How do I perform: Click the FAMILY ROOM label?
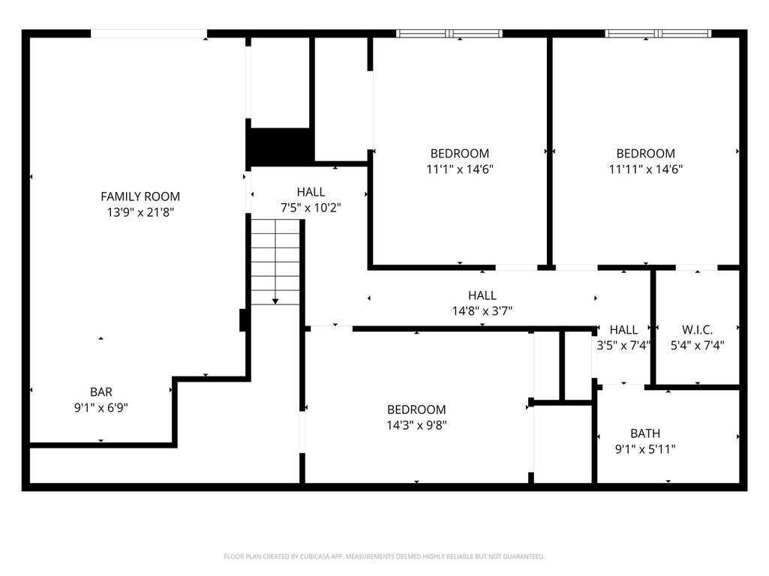pyautogui.click(x=140, y=196)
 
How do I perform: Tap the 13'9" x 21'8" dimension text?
pyautogui.click(x=141, y=212)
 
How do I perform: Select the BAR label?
pyautogui.click(x=101, y=392)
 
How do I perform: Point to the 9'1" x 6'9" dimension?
pyautogui.click(x=101, y=407)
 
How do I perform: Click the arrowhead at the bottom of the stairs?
pyautogui.click(x=275, y=301)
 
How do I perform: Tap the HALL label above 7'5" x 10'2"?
pyautogui.click(x=311, y=192)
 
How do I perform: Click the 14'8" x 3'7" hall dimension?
pyautogui.click(x=482, y=310)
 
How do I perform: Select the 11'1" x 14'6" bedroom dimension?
pyautogui.click(x=460, y=169)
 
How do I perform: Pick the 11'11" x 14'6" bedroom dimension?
pyautogui.click(x=646, y=169)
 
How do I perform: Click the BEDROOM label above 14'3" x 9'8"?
pyautogui.click(x=416, y=409)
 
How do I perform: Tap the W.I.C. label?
pyautogui.click(x=697, y=330)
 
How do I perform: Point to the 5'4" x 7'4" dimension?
pyautogui.click(x=697, y=345)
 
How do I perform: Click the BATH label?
pyautogui.click(x=645, y=433)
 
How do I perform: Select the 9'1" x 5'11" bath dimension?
pyautogui.click(x=645, y=448)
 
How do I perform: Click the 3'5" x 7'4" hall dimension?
pyautogui.click(x=623, y=345)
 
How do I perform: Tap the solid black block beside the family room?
pyautogui.click(x=281, y=147)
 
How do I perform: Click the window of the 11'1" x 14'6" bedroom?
pyautogui.click(x=449, y=33)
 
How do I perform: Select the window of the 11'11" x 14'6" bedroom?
pyautogui.click(x=658, y=33)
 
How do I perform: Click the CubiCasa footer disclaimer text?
pyautogui.click(x=384, y=556)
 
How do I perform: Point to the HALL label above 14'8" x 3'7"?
pyautogui.click(x=482, y=295)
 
